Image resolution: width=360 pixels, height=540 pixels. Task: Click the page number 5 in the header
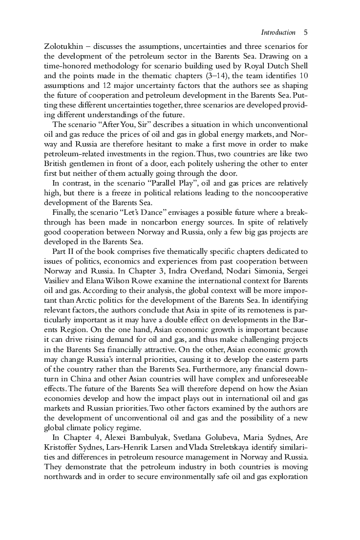click(x=305, y=33)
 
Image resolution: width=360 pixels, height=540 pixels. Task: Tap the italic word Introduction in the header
click(x=278, y=33)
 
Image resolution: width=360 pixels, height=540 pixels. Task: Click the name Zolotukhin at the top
click(x=64, y=46)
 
